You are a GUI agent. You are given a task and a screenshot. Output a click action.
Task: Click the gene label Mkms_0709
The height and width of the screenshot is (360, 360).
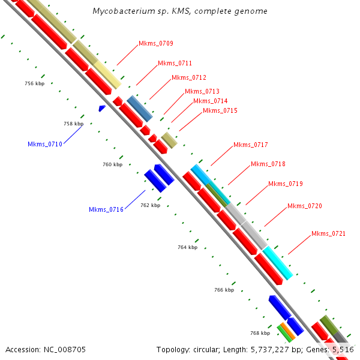(156, 43)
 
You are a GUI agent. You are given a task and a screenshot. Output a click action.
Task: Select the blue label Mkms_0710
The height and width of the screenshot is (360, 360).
(45, 144)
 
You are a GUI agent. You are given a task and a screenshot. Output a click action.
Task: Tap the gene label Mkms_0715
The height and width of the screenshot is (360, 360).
(220, 110)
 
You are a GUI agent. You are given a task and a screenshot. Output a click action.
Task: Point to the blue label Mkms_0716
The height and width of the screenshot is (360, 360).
(106, 209)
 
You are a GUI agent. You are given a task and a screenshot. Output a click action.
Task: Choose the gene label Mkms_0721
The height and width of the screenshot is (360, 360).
(328, 233)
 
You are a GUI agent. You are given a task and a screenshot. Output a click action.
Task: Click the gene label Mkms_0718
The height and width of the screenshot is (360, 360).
(268, 164)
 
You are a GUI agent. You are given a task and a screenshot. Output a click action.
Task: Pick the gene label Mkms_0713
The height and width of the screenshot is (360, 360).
(202, 91)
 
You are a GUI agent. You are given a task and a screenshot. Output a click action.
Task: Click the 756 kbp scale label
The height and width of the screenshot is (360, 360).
(35, 83)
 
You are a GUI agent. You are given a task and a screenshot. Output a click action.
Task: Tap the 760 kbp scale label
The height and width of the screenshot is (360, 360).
(113, 164)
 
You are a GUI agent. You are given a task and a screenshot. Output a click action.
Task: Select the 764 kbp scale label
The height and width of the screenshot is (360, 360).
(188, 247)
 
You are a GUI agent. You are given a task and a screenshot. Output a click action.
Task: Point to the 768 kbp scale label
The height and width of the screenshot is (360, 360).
(260, 333)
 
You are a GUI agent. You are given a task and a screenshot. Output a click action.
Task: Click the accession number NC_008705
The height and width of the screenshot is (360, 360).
(65, 350)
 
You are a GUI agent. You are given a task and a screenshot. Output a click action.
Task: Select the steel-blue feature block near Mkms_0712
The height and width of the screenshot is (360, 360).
(140, 109)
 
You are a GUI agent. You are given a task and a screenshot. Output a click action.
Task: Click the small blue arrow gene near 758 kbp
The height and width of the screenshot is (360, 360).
(102, 108)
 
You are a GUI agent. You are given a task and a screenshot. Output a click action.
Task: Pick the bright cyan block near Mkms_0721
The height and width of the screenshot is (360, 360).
(278, 263)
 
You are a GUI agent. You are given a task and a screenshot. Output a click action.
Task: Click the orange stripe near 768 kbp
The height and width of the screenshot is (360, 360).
(288, 331)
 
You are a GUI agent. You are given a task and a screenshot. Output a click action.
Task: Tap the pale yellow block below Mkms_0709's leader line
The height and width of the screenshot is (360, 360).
(107, 74)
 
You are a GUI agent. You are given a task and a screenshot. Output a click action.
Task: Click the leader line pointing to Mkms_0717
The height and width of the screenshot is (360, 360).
(222, 156)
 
